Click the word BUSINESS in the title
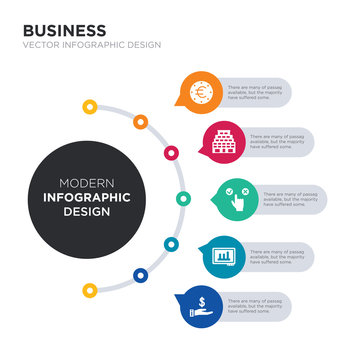65,31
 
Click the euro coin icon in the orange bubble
200,93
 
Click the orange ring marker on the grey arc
140,122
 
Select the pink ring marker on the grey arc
172,153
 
